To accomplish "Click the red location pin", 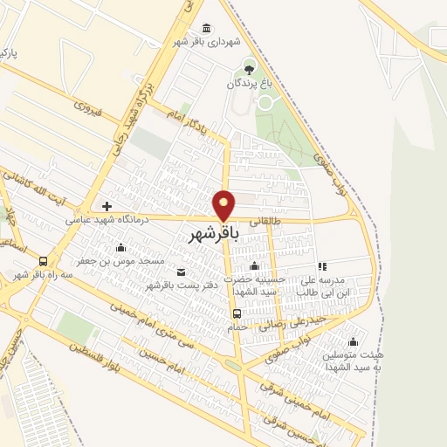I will (x=224, y=205).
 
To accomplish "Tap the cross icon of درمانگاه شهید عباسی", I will (x=107, y=206).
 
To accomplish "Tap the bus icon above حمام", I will (x=236, y=313).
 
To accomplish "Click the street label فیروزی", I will (x=88, y=110).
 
